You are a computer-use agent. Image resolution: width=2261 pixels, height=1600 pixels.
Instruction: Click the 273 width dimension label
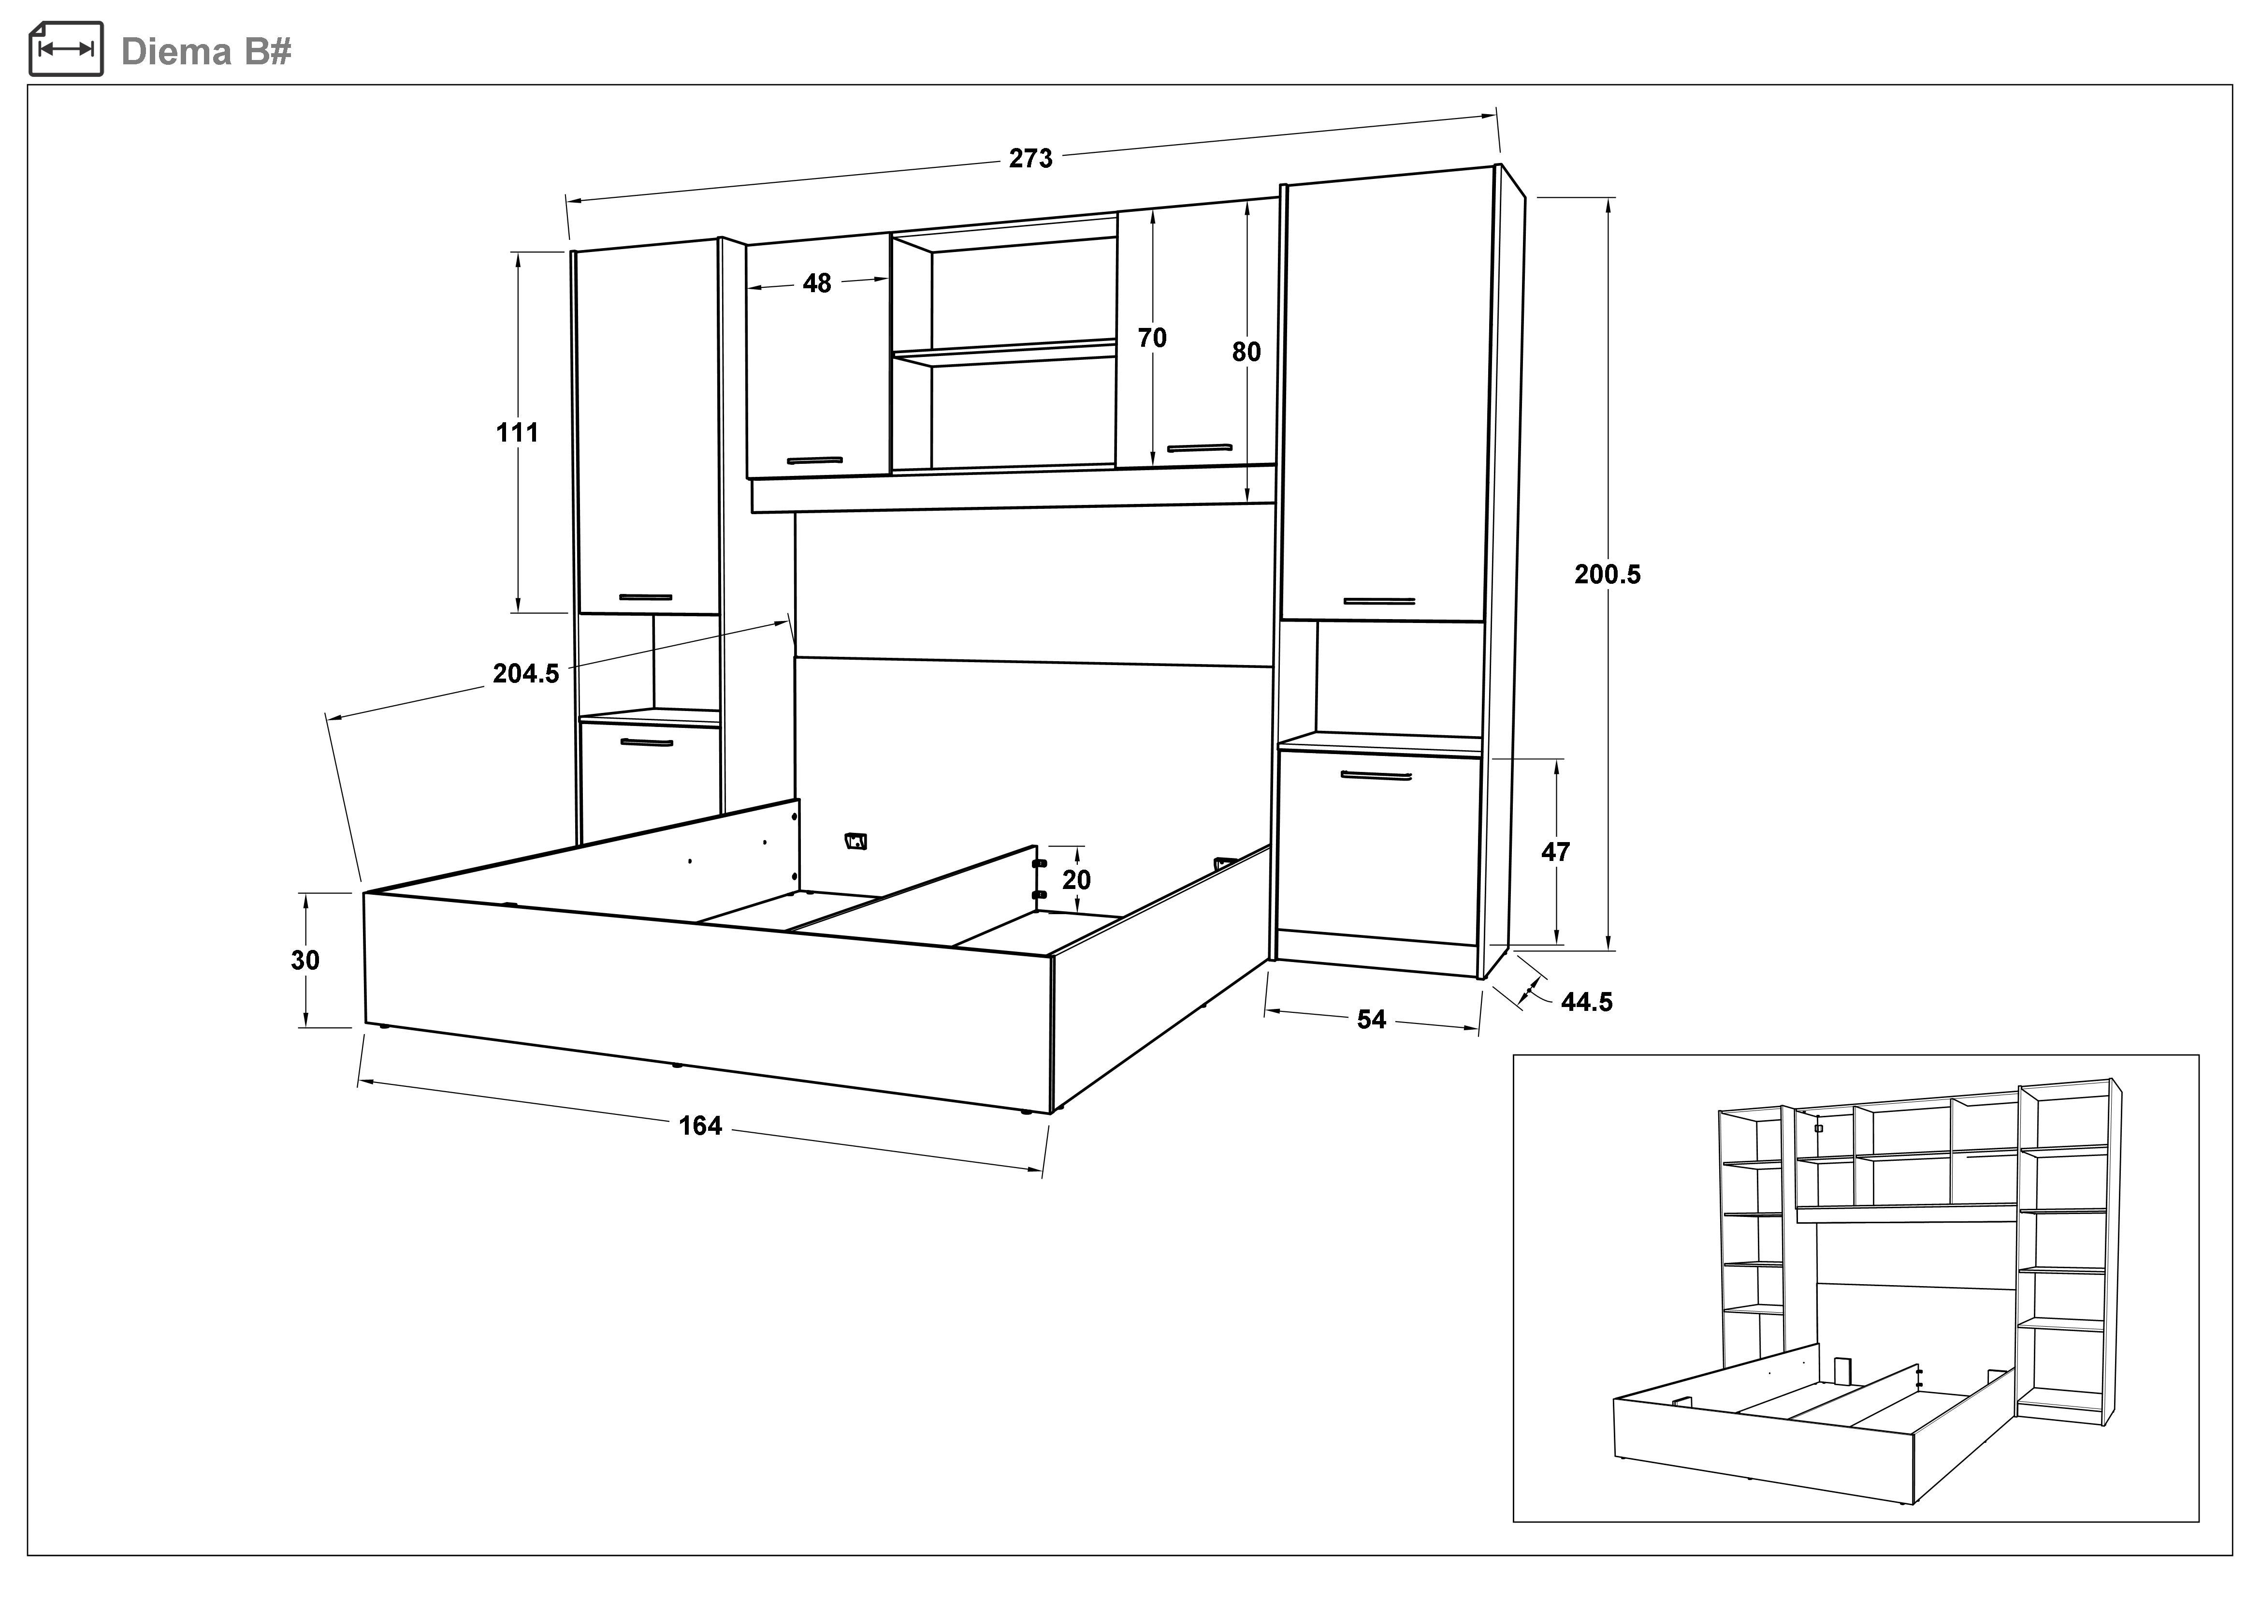pyautogui.click(x=1030, y=159)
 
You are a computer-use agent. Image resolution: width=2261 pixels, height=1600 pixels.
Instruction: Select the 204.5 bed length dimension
pyautogui.click(x=526, y=674)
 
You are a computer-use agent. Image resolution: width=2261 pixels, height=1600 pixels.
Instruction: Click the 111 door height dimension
pyautogui.click(x=517, y=432)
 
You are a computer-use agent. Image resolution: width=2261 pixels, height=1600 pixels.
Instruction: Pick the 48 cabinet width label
pyautogui.click(x=816, y=284)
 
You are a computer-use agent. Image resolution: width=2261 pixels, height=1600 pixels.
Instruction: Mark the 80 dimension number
pyautogui.click(x=1246, y=352)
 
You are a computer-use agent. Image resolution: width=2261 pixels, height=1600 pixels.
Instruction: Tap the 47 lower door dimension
pyautogui.click(x=1555, y=852)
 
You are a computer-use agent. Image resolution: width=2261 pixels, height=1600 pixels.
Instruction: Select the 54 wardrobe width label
pyautogui.click(x=1371, y=1020)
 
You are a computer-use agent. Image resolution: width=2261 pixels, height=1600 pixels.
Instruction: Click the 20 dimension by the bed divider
pyautogui.click(x=1076, y=880)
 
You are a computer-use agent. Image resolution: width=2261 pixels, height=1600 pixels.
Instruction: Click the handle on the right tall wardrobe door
pyautogui.click(x=1378, y=601)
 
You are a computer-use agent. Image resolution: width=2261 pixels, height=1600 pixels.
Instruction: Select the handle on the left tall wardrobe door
pyautogui.click(x=646, y=597)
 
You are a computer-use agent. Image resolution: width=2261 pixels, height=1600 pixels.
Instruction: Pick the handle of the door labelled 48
pyautogui.click(x=814, y=460)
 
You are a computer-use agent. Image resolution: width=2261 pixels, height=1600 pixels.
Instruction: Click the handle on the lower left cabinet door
pyautogui.click(x=646, y=742)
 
